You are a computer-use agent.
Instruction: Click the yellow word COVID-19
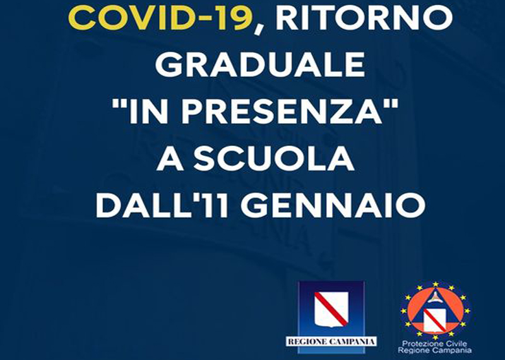click(160, 18)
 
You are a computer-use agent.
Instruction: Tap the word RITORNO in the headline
click(364, 18)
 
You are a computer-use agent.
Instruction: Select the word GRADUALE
click(260, 65)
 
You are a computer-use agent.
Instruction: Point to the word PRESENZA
click(282, 111)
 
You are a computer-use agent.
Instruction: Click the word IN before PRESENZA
click(150, 112)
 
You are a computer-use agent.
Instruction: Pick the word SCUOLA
click(273, 159)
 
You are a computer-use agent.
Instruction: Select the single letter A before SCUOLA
click(170, 159)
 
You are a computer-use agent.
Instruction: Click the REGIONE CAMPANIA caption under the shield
click(331, 341)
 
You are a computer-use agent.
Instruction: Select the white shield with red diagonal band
click(331, 309)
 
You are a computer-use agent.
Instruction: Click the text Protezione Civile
click(435, 344)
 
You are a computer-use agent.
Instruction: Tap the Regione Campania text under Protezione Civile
click(435, 351)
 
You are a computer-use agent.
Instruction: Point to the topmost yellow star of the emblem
click(436, 284)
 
